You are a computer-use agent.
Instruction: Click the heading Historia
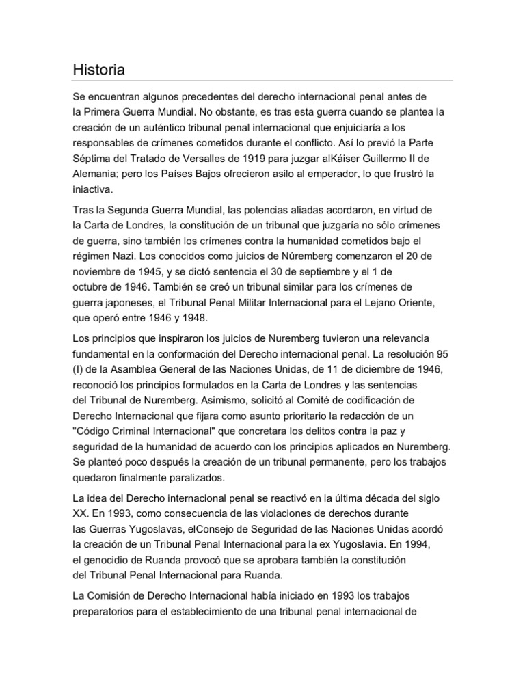tap(99, 70)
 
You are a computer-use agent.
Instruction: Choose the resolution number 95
tap(442, 354)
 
